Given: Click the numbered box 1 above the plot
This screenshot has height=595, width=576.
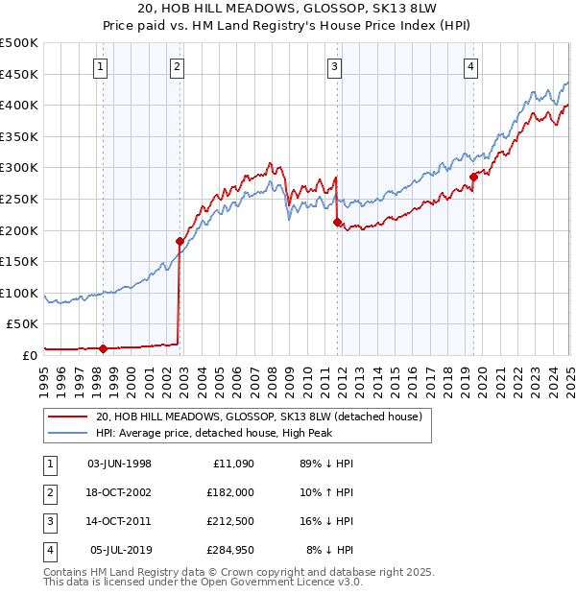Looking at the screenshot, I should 102,66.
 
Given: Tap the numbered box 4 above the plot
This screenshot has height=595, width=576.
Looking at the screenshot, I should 472,66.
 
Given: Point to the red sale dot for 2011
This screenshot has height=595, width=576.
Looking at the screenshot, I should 337,222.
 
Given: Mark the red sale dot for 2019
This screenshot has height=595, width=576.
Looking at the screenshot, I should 473,177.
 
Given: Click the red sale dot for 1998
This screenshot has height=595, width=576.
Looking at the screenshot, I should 103,348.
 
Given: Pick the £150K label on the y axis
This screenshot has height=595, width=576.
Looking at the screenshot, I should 20,261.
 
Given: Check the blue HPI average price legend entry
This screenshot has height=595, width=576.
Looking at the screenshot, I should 253,434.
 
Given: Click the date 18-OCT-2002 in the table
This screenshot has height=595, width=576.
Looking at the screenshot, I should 119,491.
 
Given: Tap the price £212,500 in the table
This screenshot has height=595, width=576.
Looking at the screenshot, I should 230,521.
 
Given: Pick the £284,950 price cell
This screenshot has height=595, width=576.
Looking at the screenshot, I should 230,550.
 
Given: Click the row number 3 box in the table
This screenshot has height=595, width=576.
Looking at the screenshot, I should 48,521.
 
